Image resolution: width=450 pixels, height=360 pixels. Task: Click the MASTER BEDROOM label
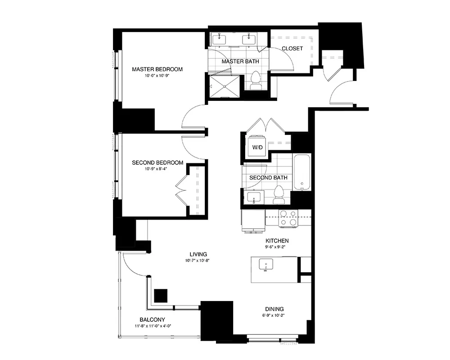pos(157,69)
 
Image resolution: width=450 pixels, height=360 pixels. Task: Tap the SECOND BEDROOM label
pos(157,163)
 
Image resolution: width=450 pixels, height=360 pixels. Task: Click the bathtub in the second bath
pos(302,172)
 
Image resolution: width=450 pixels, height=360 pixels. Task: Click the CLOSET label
pos(292,49)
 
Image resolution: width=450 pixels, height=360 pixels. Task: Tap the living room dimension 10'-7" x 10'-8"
pos(198,261)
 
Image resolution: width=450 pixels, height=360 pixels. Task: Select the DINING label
pos(274,309)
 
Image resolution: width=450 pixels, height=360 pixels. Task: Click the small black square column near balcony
pos(161,295)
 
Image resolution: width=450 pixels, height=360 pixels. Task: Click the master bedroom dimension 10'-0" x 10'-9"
pos(157,76)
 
